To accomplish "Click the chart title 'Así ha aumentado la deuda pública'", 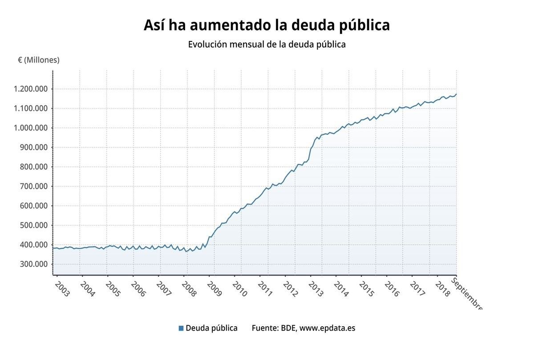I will tap(267, 25).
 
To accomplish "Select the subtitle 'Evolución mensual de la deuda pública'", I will tap(267, 44).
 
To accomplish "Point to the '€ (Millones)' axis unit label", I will tap(38, 60).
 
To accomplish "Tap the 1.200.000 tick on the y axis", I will tap(31, 89).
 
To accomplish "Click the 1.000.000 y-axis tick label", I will tap(31, 128).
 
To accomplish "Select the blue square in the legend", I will tap(181, 328).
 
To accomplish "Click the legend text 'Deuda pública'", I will tap(211, 328).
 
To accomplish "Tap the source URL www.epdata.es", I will tap(327, 328).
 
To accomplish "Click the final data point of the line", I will tap(456, 94).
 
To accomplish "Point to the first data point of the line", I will tap(53, 248).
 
